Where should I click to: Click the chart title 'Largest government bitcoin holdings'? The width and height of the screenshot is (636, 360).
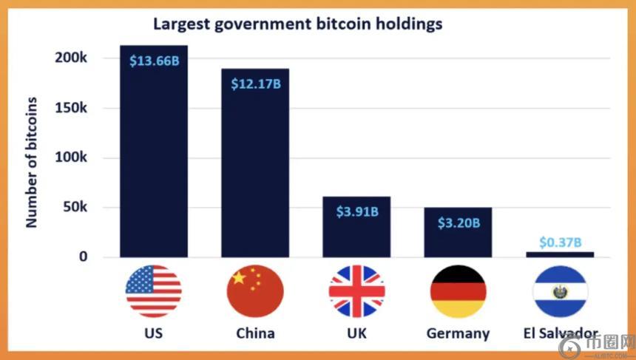[x=297, y=24]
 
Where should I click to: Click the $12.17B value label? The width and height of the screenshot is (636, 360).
[x=255, y=84]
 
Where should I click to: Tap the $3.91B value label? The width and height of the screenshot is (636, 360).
[x=357, y=211]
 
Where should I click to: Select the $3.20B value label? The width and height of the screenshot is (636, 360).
[x=459, y=223]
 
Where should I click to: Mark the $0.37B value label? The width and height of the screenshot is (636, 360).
[x=560, y=242]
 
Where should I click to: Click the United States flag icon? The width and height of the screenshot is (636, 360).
[x=153, y=291]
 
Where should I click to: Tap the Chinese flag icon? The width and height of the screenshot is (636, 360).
[x=255, y=291]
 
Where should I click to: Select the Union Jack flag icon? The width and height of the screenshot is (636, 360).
[x=356, y=291]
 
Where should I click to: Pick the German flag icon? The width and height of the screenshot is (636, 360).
[x=458, y=291]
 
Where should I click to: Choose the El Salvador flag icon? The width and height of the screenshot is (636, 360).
[x=560, y=291]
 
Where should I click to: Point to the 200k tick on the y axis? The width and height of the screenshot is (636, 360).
[x=71, y=58]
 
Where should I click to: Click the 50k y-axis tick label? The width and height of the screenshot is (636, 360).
[x=75, y=208]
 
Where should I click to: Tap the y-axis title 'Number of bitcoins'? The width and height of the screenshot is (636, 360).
[x=32, y=161]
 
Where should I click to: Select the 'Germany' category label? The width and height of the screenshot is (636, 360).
[x=458, y=333]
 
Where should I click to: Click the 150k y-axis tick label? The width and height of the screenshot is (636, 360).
[x=71, y=108]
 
